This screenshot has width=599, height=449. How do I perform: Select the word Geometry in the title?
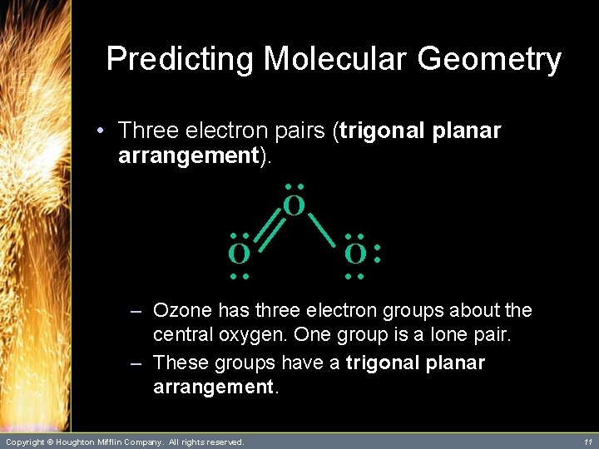(x=489, y=60)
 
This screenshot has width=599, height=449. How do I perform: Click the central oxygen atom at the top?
(x=294, y=205)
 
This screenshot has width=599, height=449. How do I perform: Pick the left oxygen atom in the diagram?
(x=240, y=253)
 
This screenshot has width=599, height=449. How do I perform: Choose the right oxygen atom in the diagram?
(x=355, y=253)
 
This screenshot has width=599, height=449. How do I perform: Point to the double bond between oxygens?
(x=270, y=229)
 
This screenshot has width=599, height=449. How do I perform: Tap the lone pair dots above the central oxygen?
(x=294, y=186)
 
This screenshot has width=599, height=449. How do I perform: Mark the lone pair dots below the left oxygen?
(x=240, y=275)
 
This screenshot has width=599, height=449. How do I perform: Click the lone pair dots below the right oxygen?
(x=355, y=275)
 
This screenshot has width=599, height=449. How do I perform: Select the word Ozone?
(x=183, y=311)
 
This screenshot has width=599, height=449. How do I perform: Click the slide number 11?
(x=587, y=442)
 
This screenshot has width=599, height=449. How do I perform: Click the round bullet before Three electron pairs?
(x=100, y=131)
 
